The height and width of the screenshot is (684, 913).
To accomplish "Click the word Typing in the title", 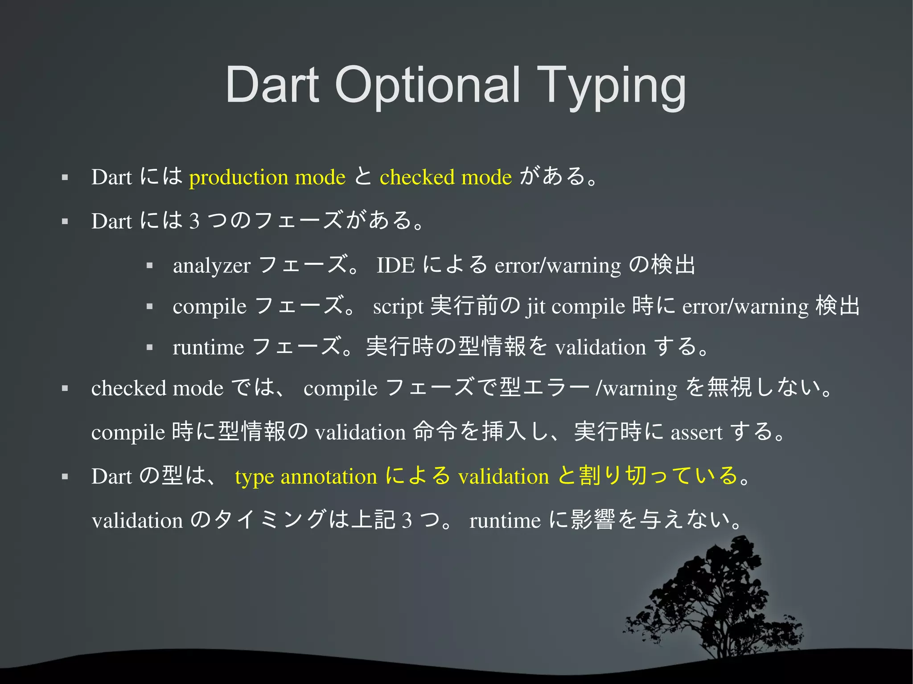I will coord(611,86).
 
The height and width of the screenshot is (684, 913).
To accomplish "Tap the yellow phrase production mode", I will coord(267,177).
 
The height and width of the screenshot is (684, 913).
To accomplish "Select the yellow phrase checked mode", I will coord(445,177).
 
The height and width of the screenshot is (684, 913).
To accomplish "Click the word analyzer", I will coord(211,266).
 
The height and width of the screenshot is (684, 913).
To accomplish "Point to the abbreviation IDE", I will coord(395,266).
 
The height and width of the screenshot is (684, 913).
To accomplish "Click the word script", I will coord(398,307).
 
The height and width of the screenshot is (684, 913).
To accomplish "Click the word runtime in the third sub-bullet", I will coord(208,348).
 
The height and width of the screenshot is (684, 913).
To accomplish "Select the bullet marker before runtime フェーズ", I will coord(150,348).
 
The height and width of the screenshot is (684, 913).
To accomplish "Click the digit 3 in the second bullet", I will coord(194,221).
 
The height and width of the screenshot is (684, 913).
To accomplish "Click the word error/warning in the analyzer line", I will coord(557,266).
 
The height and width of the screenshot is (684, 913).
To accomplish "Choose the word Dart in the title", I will coord(272,86).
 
